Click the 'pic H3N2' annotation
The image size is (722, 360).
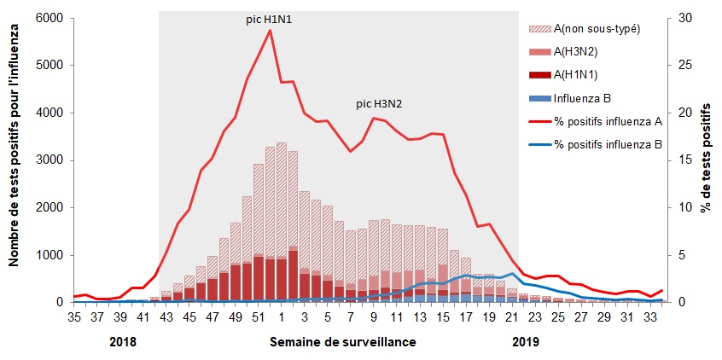click(x=379, y=104)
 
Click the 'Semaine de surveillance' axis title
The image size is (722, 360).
click(x=343, y=342)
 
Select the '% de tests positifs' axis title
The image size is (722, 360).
click(x=707, y=160)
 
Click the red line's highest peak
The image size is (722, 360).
click(x=270, y=30)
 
